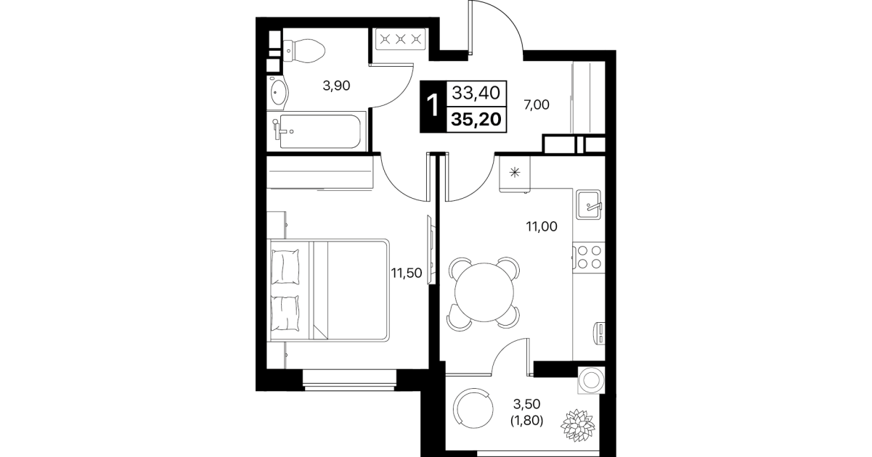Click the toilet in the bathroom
(x=303, y=50)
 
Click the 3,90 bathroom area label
(x=336, y=85)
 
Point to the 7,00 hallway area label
(x=536, y=104)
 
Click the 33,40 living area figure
(x=476, y=93)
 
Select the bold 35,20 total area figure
(x=476, y=120)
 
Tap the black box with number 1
(x=433, y=106)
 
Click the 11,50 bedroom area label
(x=407, y=273)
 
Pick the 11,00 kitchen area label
(x=542, y=226)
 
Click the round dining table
(x=484, y=292)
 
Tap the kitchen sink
(x=588, y=204)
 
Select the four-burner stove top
(x=589, y=258)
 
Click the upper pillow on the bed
(x=285, y=267)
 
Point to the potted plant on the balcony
(x=577, y=426)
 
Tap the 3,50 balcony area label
(x=526, y=404)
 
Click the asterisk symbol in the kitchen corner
(x=515, y=173)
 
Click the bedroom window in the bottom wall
(x=349, y=380)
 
